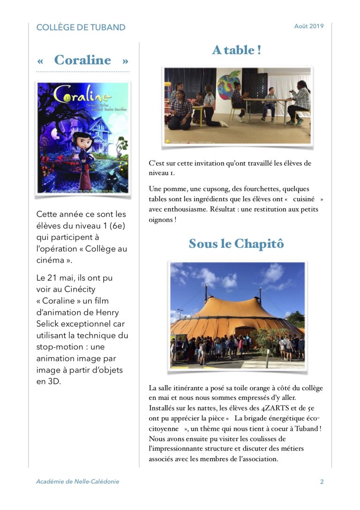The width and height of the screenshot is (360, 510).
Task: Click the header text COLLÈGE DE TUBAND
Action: click(x=81, y=27)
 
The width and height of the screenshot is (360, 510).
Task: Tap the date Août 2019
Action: click(x=309, y=26)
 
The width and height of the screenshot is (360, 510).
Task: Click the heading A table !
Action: click(x=236, y=50)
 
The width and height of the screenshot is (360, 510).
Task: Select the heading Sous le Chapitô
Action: click(x=236, y=244)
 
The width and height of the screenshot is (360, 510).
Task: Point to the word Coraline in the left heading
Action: click(x=82, y=60)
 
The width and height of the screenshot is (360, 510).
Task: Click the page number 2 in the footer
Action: click(x=322, y=481)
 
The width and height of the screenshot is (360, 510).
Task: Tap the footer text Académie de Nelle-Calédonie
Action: click(x=78, y=481)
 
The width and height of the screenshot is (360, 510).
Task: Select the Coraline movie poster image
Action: click(x=83, y=137)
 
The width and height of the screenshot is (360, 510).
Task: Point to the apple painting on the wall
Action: click(x=228, y=84)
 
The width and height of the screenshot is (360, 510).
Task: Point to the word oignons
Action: click(x=160, y=220)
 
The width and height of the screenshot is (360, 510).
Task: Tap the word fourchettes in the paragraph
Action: click(x=257, y=189)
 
